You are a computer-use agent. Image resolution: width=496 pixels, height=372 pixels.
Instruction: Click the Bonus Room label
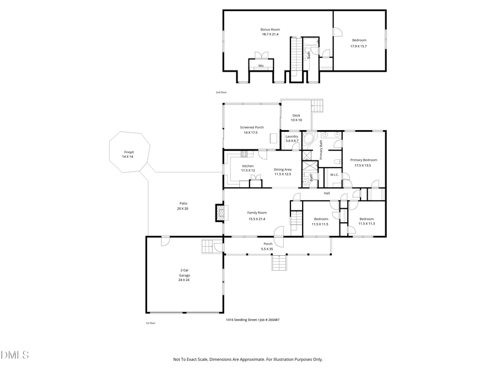[x=270, y=29]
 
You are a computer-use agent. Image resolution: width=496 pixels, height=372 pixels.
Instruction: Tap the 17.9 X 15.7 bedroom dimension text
[x=358, y=46]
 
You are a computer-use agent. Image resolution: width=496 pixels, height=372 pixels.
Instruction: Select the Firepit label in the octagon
[x=129, y=152]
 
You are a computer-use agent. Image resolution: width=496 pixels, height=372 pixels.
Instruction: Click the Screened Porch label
[x=251, y=127]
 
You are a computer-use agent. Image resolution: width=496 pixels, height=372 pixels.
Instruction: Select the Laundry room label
[x=292, y=136]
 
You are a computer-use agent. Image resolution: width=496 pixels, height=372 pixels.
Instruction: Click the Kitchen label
[x=248, y=166]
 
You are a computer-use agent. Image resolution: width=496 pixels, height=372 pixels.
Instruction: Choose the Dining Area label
[x=283, y=169]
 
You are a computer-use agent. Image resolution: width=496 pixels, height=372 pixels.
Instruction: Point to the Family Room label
[x=257, y=212]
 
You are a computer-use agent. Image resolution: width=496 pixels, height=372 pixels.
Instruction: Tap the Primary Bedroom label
[x=363, y=160]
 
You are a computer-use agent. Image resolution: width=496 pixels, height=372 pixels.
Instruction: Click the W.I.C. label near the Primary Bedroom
[x=334, y=175]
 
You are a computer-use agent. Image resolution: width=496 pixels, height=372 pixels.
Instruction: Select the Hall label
[x=327, y=193]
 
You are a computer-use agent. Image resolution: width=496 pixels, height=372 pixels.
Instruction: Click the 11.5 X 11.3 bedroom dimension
[x=366, y=224]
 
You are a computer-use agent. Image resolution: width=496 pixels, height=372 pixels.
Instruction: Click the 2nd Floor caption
[x=221, y=92]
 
